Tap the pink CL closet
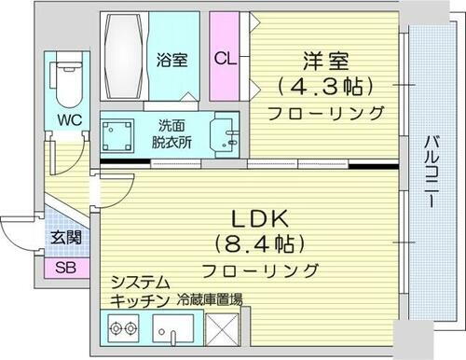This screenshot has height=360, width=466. [x=225, y=59]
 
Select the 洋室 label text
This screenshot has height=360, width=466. [x=323, y=62]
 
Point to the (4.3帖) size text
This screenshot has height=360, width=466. [x=323, y=88]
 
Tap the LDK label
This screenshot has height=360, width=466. [x=264, y=223]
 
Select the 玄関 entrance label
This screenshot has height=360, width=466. [x=66, y=237]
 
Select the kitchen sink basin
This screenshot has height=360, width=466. [x=174, y=328]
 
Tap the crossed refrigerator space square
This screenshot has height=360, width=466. [x=225, y=328]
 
